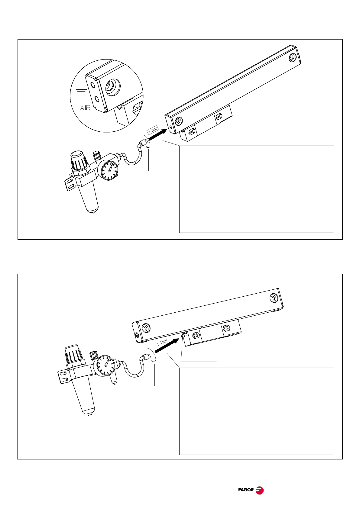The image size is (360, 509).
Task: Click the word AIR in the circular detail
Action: point(85,108)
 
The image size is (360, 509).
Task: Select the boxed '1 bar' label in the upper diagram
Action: point(153,130)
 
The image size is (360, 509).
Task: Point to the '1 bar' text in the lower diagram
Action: point(162,342)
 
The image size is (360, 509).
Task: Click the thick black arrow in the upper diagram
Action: point(158,134)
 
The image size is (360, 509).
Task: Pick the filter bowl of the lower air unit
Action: point(84,397)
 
